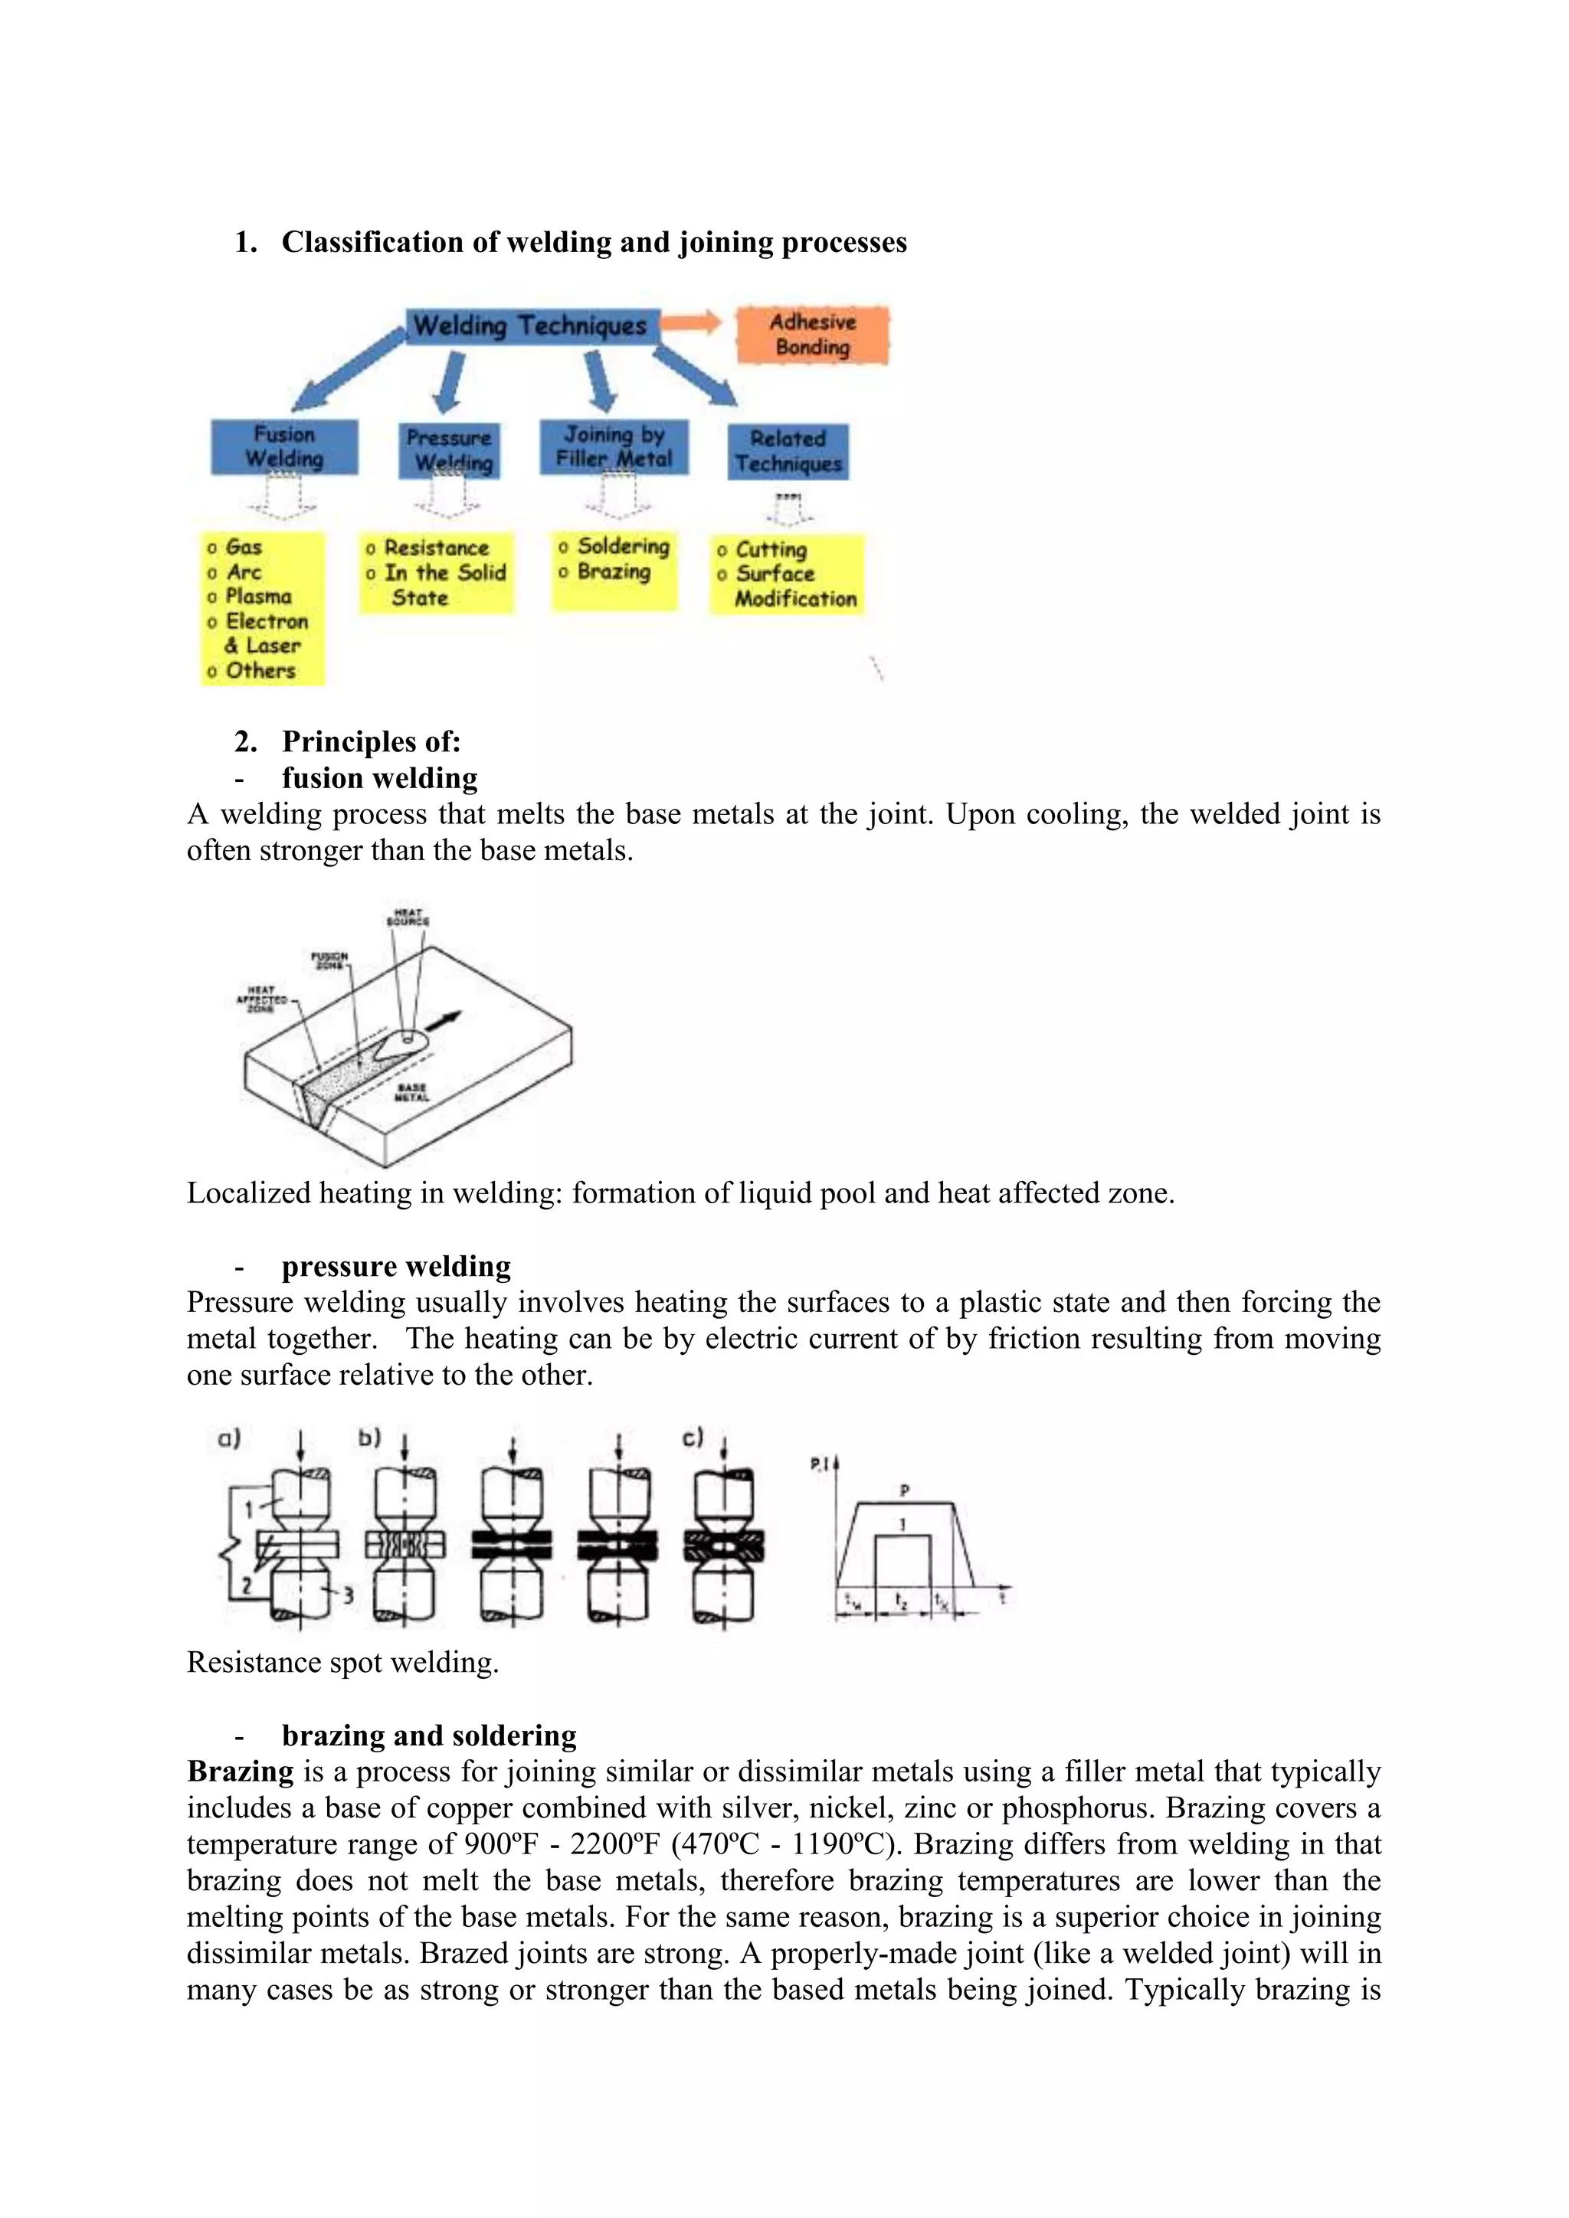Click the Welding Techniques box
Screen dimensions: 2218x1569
click(x=529, y=326)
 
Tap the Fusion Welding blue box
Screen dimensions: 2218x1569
click(x=284, y=447)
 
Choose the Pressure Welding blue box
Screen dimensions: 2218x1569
click(x=449, y=450)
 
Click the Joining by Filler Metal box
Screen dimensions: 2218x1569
click(x=614, y=447)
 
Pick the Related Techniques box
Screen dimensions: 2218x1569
click(x=788, y=451)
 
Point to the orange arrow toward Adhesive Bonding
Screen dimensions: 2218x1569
click(x=692, y=322)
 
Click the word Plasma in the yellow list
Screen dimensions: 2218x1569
click(x=258, y=597)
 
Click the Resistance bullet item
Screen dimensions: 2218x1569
click(x=436, y=548)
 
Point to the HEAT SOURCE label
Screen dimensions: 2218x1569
click(x=408, y=916)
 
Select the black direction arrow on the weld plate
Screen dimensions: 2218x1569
click(x=444, y=1020)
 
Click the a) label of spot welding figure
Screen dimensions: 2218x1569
click(x=229, y=1438)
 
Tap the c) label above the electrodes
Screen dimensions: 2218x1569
click(x=693, y=1437)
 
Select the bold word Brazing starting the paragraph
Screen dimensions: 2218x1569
click(x=241, y=1771)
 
